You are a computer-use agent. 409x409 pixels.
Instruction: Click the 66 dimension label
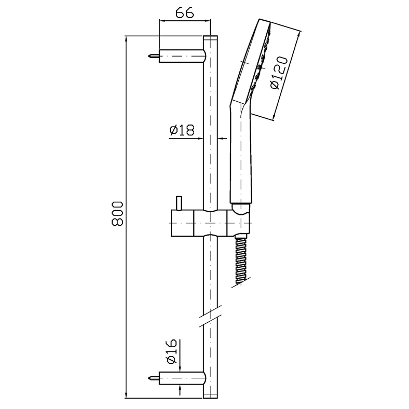[185, 12]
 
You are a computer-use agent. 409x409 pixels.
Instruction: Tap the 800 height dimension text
[117, 213]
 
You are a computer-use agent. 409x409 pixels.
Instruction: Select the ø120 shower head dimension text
[279, 73]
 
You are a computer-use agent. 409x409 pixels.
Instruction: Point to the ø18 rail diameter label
[182, 130]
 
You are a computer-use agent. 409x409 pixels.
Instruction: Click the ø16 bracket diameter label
[171, 351]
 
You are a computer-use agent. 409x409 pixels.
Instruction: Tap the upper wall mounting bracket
[182, 56]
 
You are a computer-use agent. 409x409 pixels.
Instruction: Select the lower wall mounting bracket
[182, 378]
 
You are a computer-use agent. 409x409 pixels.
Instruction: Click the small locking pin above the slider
[179, 203]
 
